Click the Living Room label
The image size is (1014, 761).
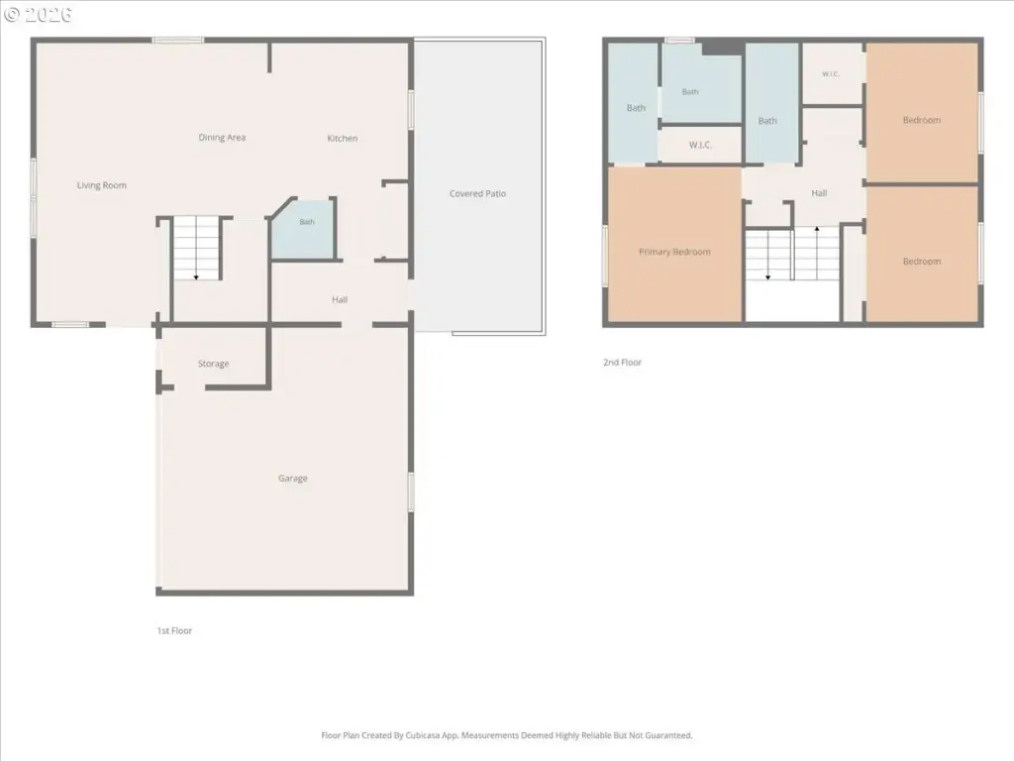pyautogui.click(x=102, y=185)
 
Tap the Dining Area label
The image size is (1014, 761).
pyautogui.click(x=222, y=137)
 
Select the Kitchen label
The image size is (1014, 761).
pyautogui.click(x=342, y=138)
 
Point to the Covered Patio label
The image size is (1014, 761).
pyautogui.click(x=478, y=193)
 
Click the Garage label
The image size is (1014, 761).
pyautogui.click(x=293, y=479)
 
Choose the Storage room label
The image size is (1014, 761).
pyautogui.click(x=214, y=364)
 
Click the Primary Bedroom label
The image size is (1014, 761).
pyautogui.click(x=674, y=252)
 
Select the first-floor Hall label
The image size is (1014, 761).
pyautogui.click(x=340, y=299)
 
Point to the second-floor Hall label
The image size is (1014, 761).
pyautogui.click(x=819, y=193)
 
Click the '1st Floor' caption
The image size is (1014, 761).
pyautogui.click(x=174, y=630)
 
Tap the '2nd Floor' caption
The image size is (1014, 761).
pyautogui.click(x=622, y=363)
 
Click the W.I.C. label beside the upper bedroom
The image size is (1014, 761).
pyautogui.click(x=831, y=74)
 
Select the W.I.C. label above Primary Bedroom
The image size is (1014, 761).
pyautogui.click(x=700, y=145)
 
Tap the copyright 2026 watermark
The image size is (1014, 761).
pyautogui.click(x=39, y=15)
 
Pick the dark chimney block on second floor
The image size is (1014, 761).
pyautogui.click(x=722, y=47)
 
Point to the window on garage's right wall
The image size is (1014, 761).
pyautogui.click(x=411, y=491)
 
